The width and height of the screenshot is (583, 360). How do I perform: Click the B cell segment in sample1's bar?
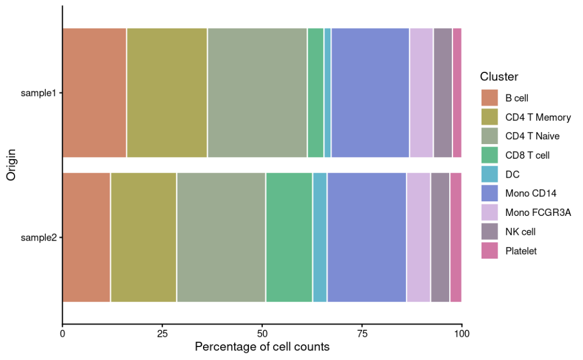click(94, 93)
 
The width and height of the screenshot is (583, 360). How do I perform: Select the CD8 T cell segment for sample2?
click(289, 237)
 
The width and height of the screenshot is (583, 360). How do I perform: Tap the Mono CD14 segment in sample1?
click(370, 93)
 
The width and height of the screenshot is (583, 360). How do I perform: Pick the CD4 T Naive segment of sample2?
click(221, 237)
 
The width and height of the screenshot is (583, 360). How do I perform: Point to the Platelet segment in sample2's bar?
click(456, 237)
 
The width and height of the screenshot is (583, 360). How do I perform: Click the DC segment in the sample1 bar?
click(328, 93)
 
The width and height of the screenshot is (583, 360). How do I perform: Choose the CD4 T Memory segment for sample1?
click(167, 93)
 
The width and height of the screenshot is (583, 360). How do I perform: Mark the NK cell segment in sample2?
click(440, 237)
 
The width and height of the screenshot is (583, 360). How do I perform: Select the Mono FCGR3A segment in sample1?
click(421, 93)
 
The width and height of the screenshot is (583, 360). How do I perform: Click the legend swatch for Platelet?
click(490, 251)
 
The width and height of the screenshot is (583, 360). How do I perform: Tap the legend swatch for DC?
click(490, 174)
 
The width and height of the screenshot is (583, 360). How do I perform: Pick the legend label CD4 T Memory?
click(538, 117)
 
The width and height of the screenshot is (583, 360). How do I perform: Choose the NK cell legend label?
click(520, 232)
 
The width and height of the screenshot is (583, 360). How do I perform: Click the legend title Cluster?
click(499, 77)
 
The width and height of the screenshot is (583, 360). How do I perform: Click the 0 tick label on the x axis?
click(63, 334)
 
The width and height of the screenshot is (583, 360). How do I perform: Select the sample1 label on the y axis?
click(38, 93)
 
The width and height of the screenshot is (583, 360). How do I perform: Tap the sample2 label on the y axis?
click(38, 237)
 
